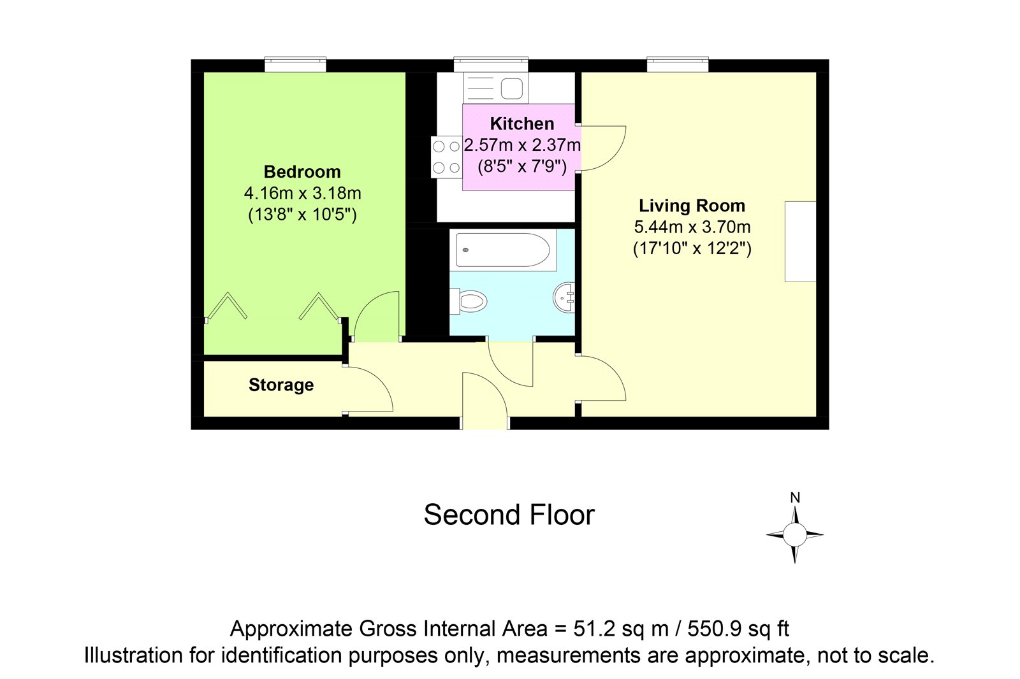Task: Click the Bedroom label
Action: [302, 172]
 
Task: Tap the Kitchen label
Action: [522, 124]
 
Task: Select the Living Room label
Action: [692, 206]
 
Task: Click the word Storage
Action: [281, 385]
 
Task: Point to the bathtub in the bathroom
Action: [503, 250]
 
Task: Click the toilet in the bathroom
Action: [469, 301]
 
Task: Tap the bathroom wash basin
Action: [564, 297]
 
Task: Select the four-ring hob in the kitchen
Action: [446, 157]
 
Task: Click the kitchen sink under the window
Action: [496, 88]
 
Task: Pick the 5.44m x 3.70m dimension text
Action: [692, 227]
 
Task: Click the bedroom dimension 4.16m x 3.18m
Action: [302, 194]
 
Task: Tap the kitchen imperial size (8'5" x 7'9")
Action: [522, 166]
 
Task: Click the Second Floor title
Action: [509, 515]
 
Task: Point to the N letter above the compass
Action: [795, 498]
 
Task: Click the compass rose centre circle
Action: [795, 534]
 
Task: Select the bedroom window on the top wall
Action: [296, 64]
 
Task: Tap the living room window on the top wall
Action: [678, 64]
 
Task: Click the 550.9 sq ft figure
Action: [738, 629]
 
